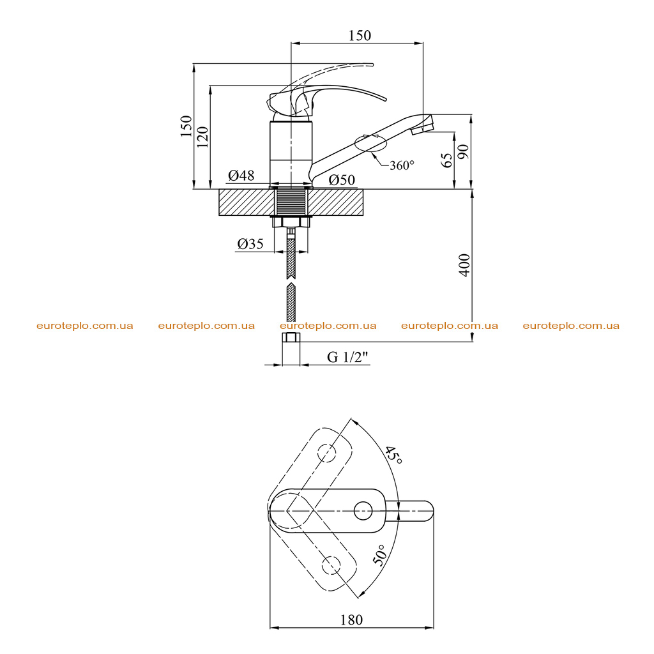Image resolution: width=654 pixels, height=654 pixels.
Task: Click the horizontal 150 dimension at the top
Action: pos(360,36)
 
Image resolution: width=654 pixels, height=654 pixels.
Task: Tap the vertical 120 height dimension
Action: pos(202,137)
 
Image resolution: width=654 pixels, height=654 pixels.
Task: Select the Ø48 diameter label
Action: pos(241,175)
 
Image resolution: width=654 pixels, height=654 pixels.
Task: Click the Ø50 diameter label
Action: pos(342,179)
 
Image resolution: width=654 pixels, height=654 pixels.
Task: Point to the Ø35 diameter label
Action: pos(250,243)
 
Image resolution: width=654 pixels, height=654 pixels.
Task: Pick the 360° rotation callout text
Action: pos(402,165)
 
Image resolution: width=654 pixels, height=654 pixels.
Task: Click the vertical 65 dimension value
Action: pos(446,160)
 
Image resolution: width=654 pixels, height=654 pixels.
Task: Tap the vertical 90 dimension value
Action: pos(463,152)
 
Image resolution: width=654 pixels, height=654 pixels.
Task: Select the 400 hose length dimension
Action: pos(464,264)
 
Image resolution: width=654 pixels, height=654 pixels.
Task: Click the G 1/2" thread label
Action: pos(348,357)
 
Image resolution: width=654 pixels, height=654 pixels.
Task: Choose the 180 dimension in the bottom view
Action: pos(351,620)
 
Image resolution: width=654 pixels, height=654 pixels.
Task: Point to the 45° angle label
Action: pos(393,455)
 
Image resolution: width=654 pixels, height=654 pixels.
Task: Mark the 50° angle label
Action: pos(379,555)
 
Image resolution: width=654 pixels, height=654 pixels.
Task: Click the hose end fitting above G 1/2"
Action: pos(291,337)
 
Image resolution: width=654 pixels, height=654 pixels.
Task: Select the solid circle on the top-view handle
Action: pos(363,511)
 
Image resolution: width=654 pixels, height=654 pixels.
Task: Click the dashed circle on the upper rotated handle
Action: pos(327,453)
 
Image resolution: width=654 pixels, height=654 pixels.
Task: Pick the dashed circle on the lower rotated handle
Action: pos(331,565)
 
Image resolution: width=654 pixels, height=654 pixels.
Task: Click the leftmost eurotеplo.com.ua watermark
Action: pos(85,326)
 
